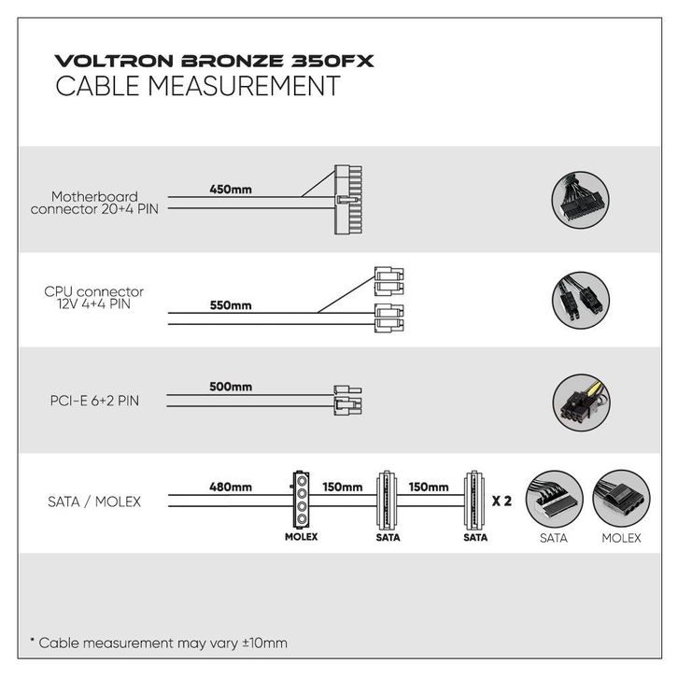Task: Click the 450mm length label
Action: pos(231,190)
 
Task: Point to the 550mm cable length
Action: pos(231,305)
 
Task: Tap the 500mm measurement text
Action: pos(231,387)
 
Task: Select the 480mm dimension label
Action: pos(231,487)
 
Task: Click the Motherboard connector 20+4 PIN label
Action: pos(94,203)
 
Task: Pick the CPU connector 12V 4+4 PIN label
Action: pos(93,298)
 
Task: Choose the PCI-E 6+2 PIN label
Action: pos(94,401)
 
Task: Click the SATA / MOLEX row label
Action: pos(94,501)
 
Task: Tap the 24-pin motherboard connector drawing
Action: pos(348,200)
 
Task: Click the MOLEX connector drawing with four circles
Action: pos(301,500)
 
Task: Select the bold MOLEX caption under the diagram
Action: pos(302,537)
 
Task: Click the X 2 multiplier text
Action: pos(501,501)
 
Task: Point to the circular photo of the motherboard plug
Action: pos(581,200)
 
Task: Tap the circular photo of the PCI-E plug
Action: pos(582,403)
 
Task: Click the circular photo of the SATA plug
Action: pos(555,499)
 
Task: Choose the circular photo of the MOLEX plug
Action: pos(621,499)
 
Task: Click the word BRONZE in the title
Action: pos(233,61)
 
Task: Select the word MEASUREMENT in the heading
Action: pos(245,86)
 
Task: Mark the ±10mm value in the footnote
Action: pos(264,643)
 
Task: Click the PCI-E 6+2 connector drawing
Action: pos(347,401)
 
